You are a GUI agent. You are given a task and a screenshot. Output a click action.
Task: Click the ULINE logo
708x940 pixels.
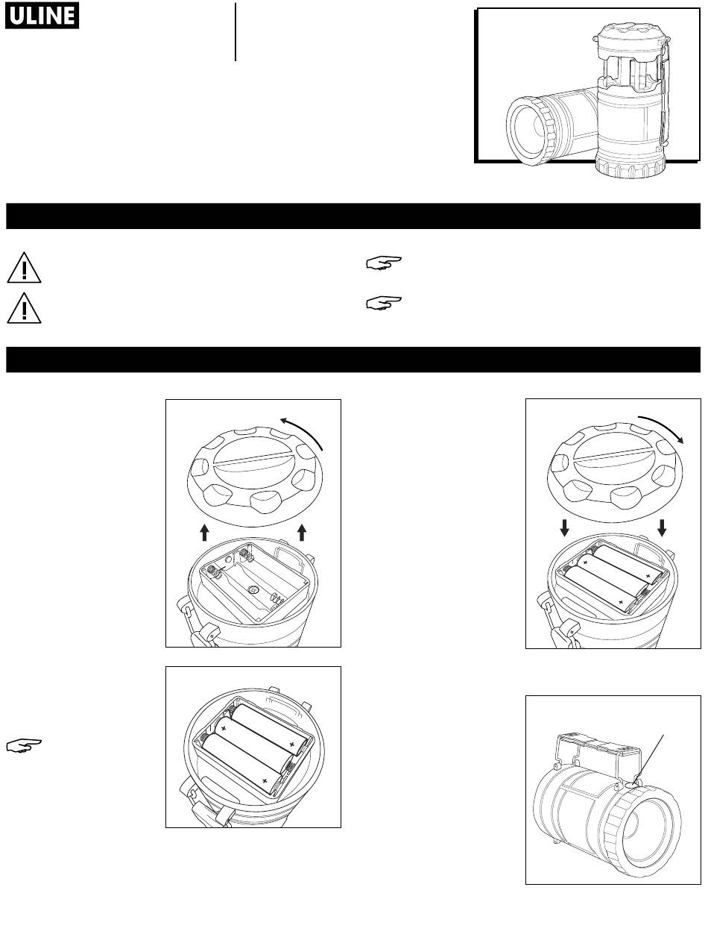click(42, 16)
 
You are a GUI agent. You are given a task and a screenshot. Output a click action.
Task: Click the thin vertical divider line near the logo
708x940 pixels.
click(236, 31)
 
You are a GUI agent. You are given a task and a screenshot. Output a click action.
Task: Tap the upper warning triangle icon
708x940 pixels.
click(24, 268)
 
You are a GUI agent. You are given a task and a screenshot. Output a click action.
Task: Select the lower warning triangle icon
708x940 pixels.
click(24, 308)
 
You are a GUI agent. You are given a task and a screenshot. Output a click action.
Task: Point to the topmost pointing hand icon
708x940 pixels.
click(384, 263)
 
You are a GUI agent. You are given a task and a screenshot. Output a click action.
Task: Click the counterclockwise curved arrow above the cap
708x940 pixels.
click(305, 430)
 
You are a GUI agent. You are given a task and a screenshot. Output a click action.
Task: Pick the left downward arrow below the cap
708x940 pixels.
click(565, 528)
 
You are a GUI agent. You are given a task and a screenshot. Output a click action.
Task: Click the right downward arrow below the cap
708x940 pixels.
click(662, 528)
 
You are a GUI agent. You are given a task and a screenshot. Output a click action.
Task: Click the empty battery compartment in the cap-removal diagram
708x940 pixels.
click(254, 581)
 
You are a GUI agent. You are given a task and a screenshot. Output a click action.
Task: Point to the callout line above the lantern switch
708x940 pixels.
click(648, 759)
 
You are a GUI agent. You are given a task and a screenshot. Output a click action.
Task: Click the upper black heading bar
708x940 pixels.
click(353, 216)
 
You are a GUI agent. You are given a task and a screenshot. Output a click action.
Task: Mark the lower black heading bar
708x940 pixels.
click(353, 360)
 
